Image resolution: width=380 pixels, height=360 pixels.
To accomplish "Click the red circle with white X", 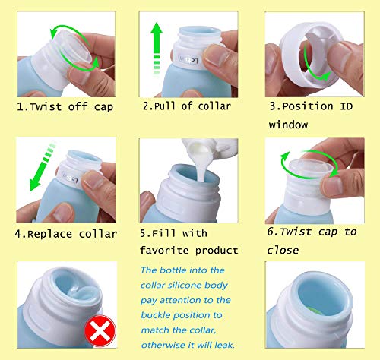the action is pyautogui.click(x=100, y=331).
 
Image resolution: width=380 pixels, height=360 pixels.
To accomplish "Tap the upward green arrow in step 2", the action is pyautogui.click(x=157, y=48).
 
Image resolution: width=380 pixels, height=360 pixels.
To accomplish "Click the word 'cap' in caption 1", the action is pyautogui.click(x=103, y=107).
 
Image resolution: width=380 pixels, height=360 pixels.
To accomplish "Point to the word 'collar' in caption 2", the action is pyautogui.click(x=214, y=106).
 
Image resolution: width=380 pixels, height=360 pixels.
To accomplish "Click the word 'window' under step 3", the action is pyautogui.click(x=288, y=125).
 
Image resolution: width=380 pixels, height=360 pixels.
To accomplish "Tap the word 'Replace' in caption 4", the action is pyautogui.click(x=49, y=234).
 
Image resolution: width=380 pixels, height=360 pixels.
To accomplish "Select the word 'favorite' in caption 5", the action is pyautogui.click(x=164, y=251).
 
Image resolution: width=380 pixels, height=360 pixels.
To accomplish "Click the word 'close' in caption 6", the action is pyautogui.click(x=283, y=250).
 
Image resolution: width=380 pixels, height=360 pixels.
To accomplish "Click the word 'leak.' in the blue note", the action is pyautogui.click(x=224, y=345).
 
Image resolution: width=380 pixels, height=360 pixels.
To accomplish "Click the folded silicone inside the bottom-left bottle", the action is pyautogui.click(x=78, y=292).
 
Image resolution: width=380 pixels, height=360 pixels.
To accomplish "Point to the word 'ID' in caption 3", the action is pyautogui.click(x=346, y=106).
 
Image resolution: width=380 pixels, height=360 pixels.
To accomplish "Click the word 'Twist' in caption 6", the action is pyautogui.click(x=296, y=232).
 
